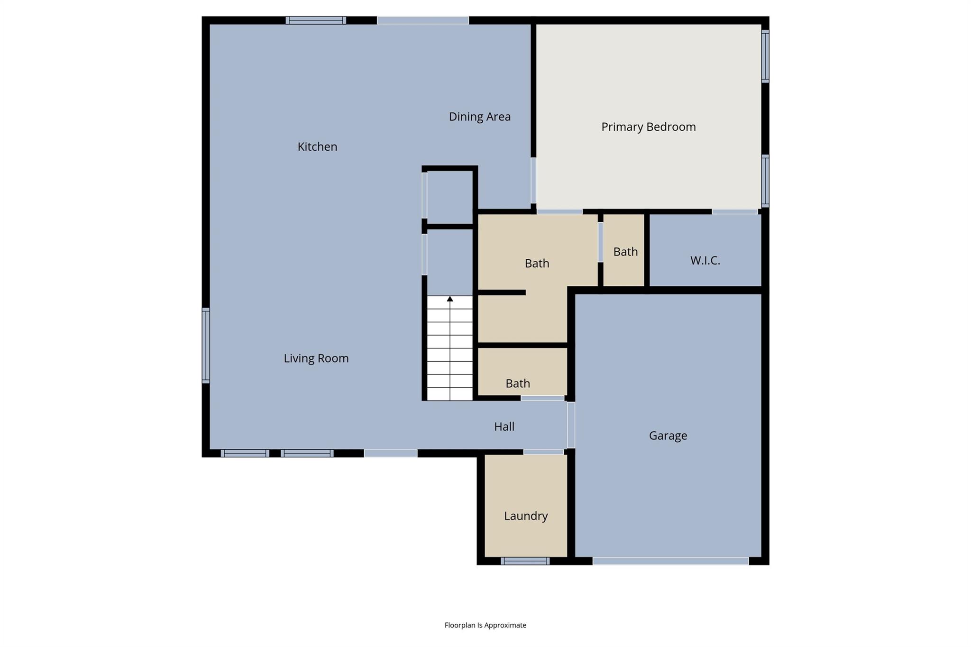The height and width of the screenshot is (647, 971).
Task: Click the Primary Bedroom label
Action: (x=648, y=127)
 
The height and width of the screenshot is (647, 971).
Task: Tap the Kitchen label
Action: (x=317, y=147)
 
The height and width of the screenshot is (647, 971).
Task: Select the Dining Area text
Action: (x=479, y=117)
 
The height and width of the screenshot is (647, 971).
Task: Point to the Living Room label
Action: (x=316, y=358)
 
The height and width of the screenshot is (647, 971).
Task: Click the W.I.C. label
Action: (x=705, y=260)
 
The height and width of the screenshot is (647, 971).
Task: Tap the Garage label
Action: (x=668, y=436)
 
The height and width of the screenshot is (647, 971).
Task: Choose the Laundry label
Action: (x=526, y=516)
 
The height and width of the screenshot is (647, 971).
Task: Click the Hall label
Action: (x=504, y=427)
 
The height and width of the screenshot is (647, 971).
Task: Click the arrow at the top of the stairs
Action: (x=450, y=299)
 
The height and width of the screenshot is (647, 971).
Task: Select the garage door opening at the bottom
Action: (x=670, y=561)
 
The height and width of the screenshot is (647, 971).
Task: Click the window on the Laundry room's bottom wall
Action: (x=525, y=561)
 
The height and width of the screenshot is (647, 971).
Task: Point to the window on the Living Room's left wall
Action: (x=206, y=345)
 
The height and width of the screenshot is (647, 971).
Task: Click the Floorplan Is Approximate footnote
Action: (x=485, y=625)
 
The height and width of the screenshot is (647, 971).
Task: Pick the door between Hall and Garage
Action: (x=571, y=425)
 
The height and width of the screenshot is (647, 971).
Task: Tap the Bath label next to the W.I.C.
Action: (x=625, y=252)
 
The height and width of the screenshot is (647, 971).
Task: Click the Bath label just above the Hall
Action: (x=517, y=383)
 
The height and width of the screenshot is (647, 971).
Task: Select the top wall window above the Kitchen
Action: (x=316, y=20)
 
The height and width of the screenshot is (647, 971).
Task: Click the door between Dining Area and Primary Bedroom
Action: (x=533, y=181)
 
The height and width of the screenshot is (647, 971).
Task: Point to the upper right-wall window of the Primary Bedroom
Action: (x=765, y=56)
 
